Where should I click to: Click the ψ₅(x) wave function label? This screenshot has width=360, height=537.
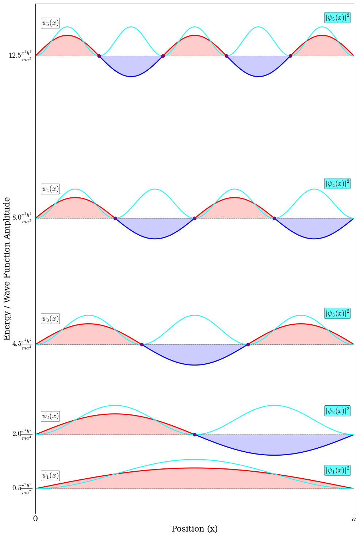(50, 23)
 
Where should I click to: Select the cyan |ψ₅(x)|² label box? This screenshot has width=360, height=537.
(337, 18)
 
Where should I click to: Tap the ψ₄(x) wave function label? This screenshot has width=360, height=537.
(50, 189)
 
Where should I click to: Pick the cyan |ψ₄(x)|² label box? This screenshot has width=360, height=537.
(337, 183)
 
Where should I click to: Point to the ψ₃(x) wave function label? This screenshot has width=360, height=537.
(50, 319)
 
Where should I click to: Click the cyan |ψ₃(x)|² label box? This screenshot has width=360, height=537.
(337, 313)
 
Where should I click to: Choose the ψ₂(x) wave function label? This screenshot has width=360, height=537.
(50, 416)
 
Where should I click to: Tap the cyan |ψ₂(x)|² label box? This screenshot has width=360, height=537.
(337, 411)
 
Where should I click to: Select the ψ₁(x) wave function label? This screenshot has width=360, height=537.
(50, 476)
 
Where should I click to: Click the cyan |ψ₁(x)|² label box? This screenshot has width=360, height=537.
(337, 470)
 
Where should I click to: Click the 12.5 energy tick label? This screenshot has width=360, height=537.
(20, 56)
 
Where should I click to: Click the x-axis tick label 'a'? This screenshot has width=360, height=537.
(354, 519)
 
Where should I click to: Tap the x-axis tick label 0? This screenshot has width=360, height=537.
(35, 519)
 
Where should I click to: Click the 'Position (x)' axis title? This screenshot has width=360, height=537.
(195, 529)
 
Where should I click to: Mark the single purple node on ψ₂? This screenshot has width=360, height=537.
(195, 434)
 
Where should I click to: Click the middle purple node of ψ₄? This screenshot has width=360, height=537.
(195, 218)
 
